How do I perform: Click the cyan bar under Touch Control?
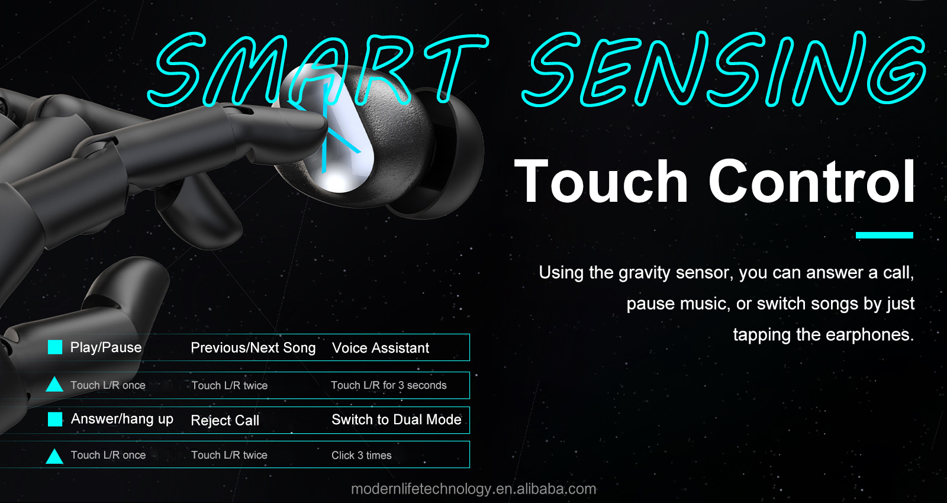(x=884, y=235)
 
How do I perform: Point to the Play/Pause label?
(x=106, y=347)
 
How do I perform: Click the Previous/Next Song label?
(x=253, y=348)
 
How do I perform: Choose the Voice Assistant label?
(x=381, y=348)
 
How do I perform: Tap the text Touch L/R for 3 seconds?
(x=389, y=385)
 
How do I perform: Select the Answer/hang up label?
(x=122, y=419)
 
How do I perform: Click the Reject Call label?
(x=225, y=420)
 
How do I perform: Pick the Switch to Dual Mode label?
(x=397, y=420)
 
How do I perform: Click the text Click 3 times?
(x=362, y=455)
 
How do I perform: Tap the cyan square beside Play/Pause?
(x=55, y=347)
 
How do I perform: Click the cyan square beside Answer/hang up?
(x=55, y=419)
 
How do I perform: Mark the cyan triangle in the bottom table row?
(x=54, y=456)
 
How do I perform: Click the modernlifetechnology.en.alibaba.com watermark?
(x=474, y=489)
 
